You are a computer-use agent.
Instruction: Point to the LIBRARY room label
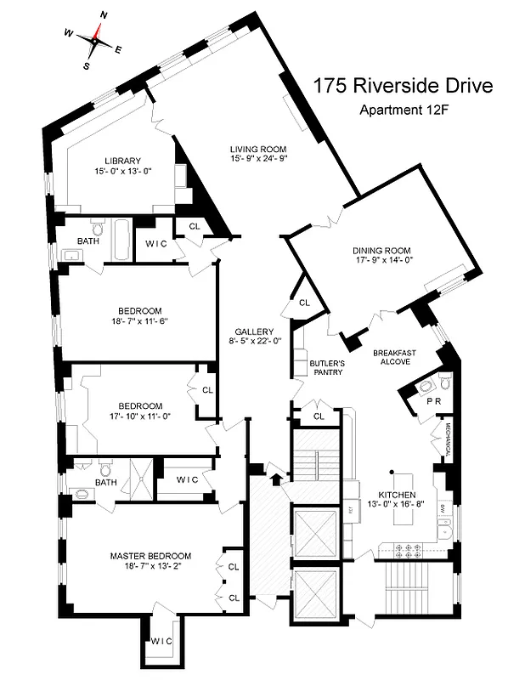click(122, 161)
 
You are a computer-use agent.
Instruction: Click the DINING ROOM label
click(381, 251)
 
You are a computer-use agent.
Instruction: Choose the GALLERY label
click(254, 331)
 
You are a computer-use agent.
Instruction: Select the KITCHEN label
click(397, 494)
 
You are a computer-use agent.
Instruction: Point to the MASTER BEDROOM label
click(150, 556)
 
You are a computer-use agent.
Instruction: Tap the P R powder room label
click(433, 400)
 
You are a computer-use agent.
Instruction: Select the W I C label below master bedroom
click(161, 641)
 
